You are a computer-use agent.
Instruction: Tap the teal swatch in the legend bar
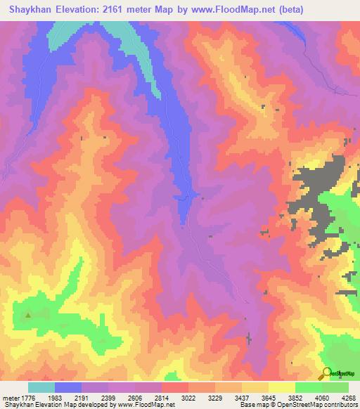41,387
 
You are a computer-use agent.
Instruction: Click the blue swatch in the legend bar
68,387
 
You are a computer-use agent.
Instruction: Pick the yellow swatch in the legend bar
282,387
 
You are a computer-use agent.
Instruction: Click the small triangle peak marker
28,316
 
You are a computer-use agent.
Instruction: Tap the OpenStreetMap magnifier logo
326,373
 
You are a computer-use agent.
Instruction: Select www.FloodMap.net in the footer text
150,405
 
